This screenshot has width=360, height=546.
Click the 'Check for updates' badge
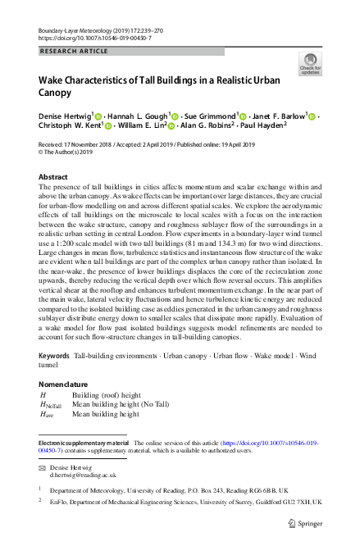pyautogui.click(x=311, y=63)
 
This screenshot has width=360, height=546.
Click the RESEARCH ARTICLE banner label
pyautogui.click(x=75, y=51)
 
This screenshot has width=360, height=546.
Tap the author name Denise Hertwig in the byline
pyautogui.click(x=66, y=116)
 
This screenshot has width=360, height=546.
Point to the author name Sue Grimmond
pyautogui.click(x=208, y=116)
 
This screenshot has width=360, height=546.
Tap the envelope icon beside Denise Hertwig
pyautogui.click(x=42, y=466)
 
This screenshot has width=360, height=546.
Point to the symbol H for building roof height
pyautogui.click(x=43, y=395)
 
